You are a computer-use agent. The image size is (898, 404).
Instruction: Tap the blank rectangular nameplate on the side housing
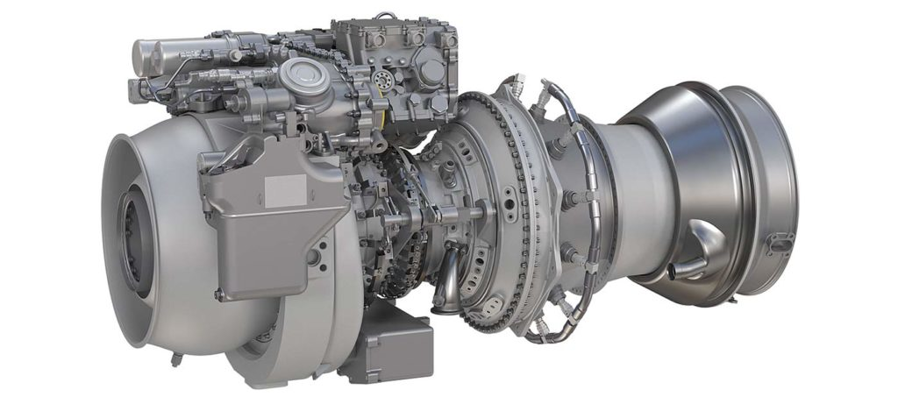coord(286,188)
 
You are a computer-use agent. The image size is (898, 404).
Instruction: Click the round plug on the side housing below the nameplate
coord(313,255)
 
